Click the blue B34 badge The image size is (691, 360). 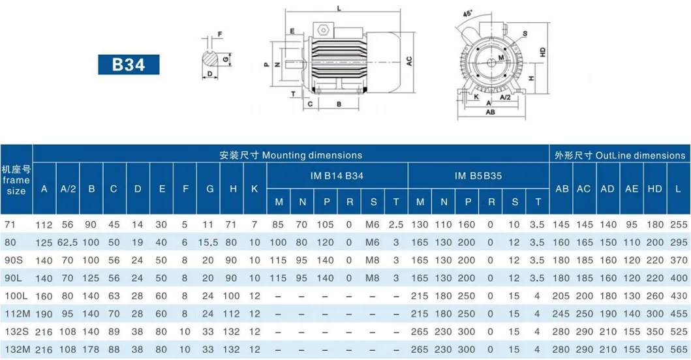click(129, 65)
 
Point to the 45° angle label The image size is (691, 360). click(468, 14)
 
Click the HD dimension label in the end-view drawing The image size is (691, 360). click(542, 52)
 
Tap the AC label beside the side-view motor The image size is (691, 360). click(409, 61)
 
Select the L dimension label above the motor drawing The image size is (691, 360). click(339, 8)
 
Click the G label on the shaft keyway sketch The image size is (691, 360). click(226, 59)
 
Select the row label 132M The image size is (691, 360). click(18, 350)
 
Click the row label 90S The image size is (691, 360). click(14, 260)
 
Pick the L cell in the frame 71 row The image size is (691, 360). click(679, 224)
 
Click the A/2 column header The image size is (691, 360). click(68, 188)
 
